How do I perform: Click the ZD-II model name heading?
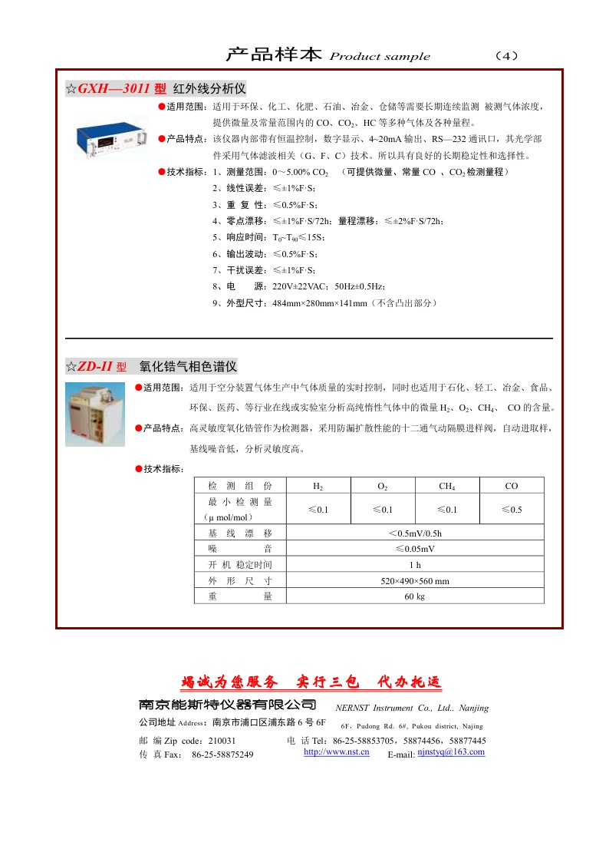pyautogui.click(x=97, y=366)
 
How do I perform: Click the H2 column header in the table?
pyautogui.click(x=318, y=486)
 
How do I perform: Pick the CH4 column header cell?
pyautogui.click(x=446, y=486)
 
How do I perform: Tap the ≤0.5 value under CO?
pyautogui.click(x=512, y=510)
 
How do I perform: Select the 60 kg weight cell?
pyautogui.click(x=414, y=596)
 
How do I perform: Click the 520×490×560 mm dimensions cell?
pyautogui.click(x=414, y=581)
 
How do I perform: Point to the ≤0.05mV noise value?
pyautogui.click(x=414, y=549)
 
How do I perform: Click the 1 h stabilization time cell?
pyautogui.click(x=414, y=565)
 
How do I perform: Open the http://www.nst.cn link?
pyautogui.click(x=337, y=751)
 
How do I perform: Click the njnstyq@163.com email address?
pyautogui.click(x=451, y=752)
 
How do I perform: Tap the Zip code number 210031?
pyautogui.click(x=222, y=741)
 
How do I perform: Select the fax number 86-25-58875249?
pyautogui.click(x=222, y=755)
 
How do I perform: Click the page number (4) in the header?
pyautogui.click(x=507, y=56)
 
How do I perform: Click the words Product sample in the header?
pyautogui.click(x=380, y=57)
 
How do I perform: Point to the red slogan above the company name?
pyautogui.click(x=311, y=682)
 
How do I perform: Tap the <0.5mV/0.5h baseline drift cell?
pyautogui.click(x=414, y=533)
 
